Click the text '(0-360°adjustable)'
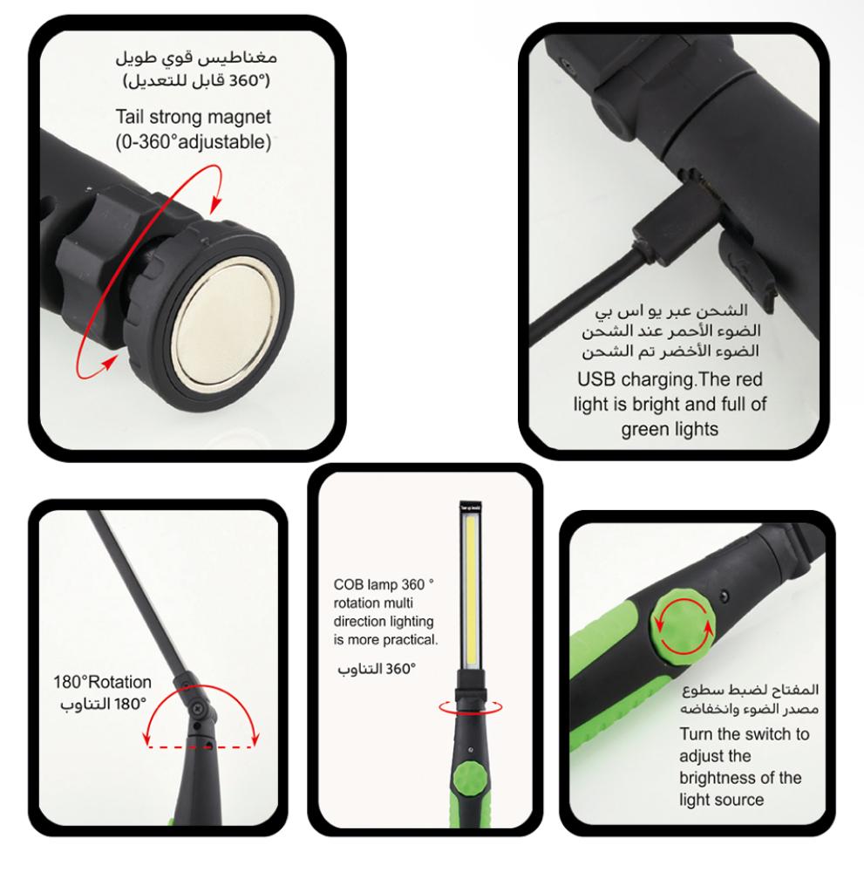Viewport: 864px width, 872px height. (193, 142)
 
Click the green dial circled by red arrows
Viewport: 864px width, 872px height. (684, 624)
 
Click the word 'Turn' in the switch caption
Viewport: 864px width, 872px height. (696, 734)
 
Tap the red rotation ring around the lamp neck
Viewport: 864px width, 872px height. (471, 707)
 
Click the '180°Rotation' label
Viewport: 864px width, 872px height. (102, 682)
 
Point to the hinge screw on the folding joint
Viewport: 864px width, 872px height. (198, 708)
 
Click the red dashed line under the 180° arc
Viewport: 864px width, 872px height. (201, 746)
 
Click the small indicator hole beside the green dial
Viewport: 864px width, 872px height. (724, 596)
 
